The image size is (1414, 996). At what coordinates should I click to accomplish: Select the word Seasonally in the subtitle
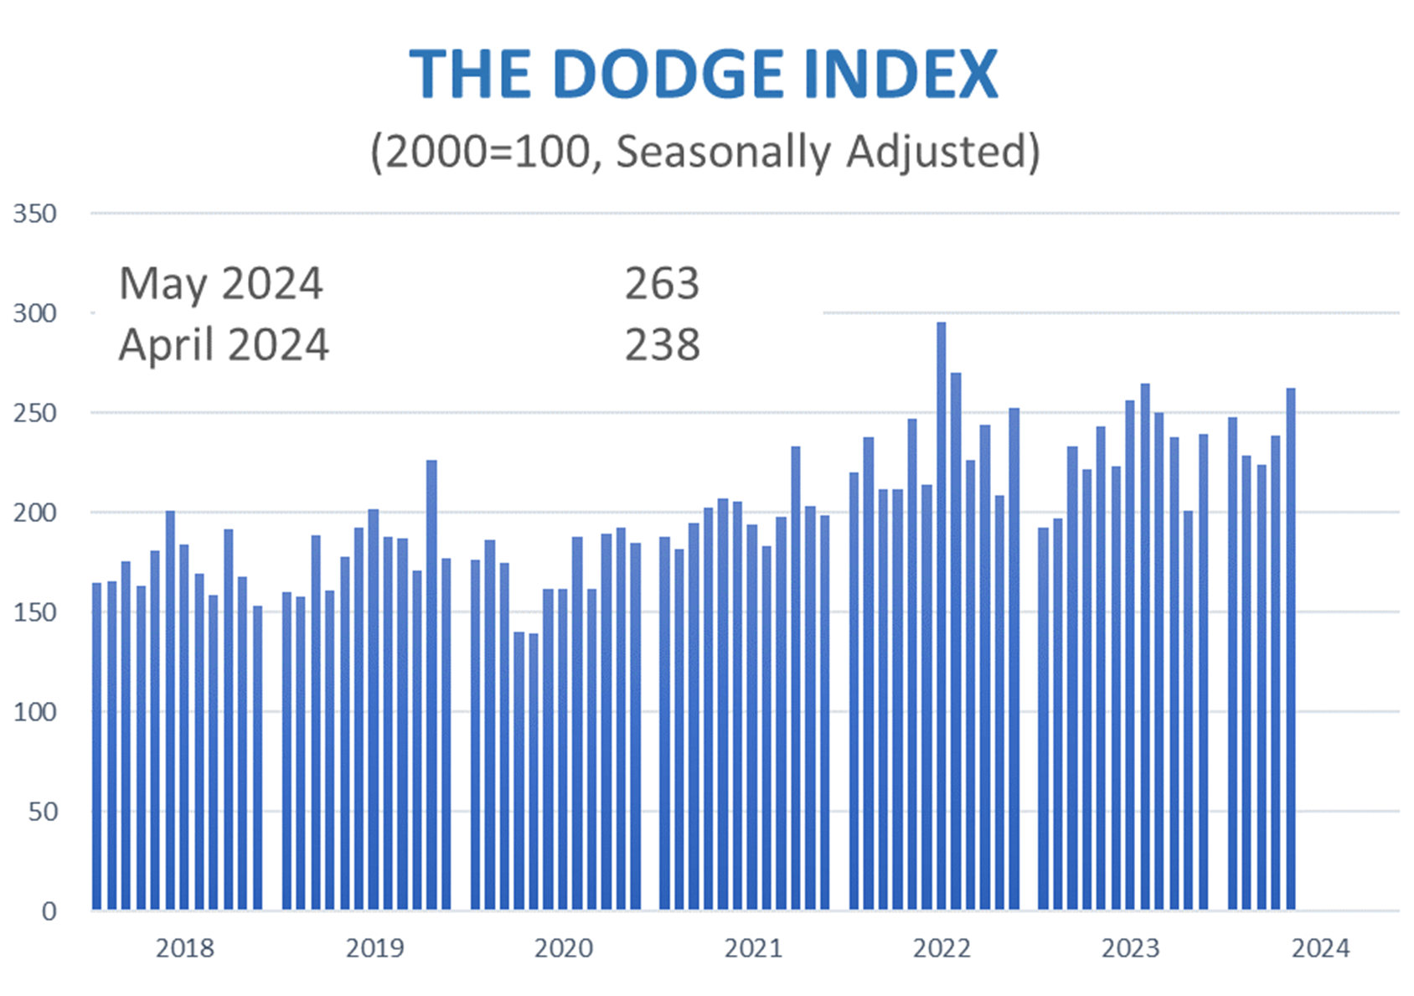(723, 152)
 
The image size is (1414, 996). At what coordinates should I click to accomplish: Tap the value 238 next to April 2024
(661, 345)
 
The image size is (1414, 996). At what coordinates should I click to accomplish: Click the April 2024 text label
(224, 345)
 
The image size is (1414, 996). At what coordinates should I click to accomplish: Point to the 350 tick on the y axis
(34, 214)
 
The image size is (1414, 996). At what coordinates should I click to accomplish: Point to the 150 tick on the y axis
(34, 612)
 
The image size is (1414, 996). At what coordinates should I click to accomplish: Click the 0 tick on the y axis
(49, 911)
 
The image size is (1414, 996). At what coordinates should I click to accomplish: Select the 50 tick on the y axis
(42, 812)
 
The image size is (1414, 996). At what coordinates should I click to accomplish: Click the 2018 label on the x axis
(184, 948)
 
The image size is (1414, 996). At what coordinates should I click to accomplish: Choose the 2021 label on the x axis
(752, 948)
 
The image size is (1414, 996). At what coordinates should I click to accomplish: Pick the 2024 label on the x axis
(1320, 948)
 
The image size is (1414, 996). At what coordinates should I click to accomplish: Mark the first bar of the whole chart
(97, 746)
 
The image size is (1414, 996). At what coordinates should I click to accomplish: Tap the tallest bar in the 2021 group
(795, 679)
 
